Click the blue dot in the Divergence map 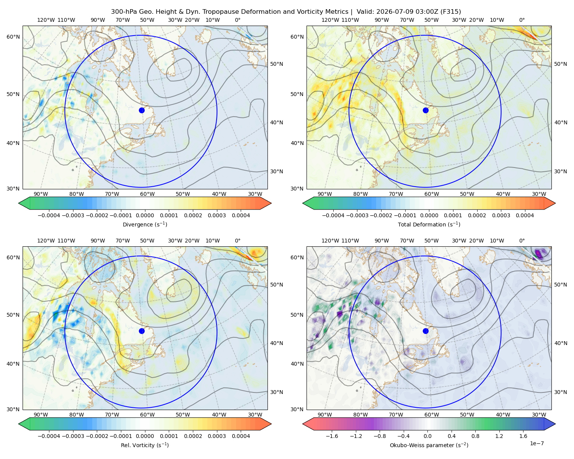coord(142,111)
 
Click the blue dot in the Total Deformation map coord(426,111)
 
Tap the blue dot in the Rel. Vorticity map coord(142,331)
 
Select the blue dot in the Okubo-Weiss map coord(426,331)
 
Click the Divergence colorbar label coord(145,225)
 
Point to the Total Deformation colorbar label coord(429,225)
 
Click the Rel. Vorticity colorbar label coord(145,445)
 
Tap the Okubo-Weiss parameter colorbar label coord(429,445)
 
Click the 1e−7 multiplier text coord(536,444)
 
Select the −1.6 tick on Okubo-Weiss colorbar coord(331,436)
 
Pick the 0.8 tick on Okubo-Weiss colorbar coord(475,436)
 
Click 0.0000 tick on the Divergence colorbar coord(145,215)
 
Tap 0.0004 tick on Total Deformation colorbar coord(525,215)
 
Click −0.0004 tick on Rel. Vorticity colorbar coord(49,436)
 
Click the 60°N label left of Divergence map coord(13,37)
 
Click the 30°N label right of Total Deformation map coord(561,171)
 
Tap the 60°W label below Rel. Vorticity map coord(147,415)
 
